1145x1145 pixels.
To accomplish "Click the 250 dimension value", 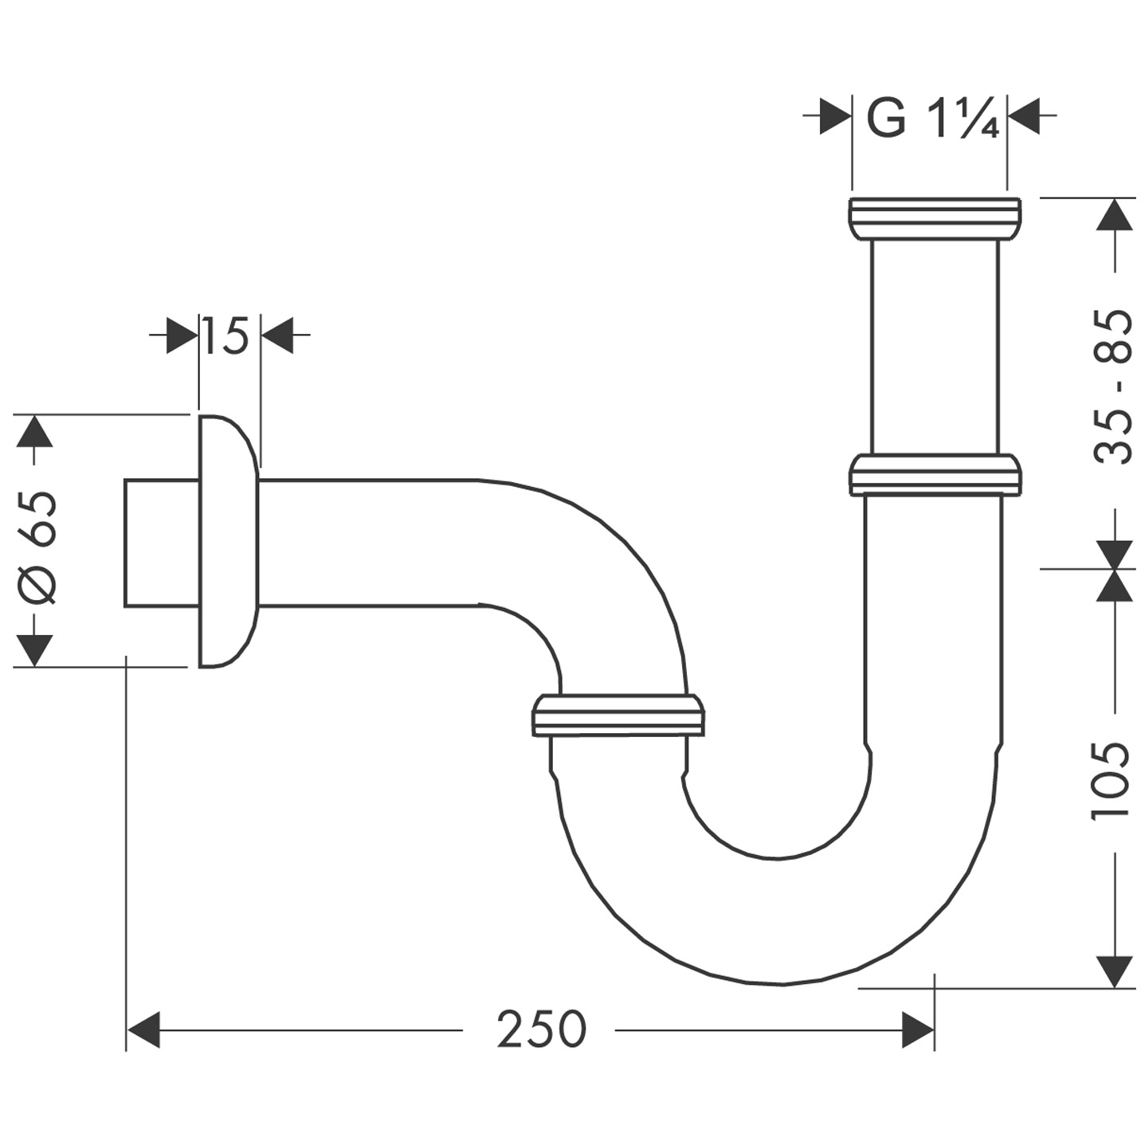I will pos(541,1029).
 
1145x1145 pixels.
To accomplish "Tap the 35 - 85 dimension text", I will pos(1112,387).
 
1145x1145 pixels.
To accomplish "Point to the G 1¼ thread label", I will pos(931,120).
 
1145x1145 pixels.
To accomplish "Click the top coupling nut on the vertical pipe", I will pos(933,217).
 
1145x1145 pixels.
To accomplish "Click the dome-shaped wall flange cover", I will pos(228,540).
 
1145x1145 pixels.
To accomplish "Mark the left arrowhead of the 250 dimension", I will pos(144,1029).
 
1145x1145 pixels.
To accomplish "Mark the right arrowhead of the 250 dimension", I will pos(917,1029).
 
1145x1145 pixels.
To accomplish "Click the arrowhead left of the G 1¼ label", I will pos(836,116).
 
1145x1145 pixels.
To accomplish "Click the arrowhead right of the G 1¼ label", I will pos(1024,116).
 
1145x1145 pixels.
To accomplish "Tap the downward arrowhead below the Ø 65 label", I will pos(33,649).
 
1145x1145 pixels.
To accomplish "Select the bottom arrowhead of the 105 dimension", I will pos(1115,971).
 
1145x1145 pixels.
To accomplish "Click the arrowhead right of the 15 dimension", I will pos(277,337).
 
